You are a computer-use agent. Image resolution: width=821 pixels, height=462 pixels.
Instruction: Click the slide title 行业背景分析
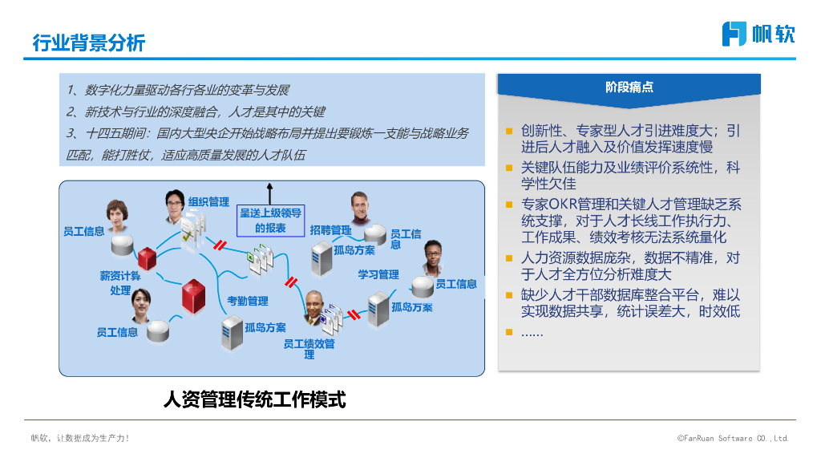point(88,43)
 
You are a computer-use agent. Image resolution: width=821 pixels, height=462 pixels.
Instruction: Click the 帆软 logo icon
point(734,34)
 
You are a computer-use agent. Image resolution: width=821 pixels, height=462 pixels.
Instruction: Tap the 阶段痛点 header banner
point(629,87)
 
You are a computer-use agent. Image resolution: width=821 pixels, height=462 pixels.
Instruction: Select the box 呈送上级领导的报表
point(270,220)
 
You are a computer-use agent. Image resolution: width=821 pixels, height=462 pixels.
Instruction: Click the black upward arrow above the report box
point(270,192)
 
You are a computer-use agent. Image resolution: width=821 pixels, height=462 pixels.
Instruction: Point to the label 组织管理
point(208,202)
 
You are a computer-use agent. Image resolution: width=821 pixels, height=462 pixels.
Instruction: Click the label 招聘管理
point(330,230)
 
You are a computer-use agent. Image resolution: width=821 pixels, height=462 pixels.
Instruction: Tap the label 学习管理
point(378,275)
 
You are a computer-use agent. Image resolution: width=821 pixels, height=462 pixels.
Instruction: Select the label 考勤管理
point(247,301)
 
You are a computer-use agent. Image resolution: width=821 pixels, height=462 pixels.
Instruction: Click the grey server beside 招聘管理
point(322,257)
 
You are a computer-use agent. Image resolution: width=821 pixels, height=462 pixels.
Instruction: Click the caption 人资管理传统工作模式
point(254,399)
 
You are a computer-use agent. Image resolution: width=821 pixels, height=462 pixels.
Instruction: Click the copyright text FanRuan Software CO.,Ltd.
point(733,438)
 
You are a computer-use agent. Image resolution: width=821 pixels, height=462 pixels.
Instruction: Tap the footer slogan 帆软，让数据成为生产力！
point(79,438)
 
